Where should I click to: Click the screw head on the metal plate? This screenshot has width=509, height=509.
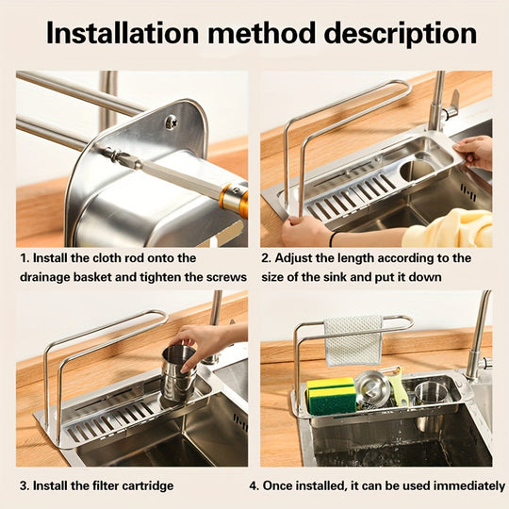[171, 122]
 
